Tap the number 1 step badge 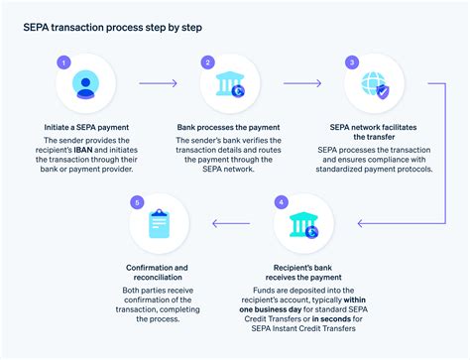coord(64,61)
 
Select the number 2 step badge coord(207,61)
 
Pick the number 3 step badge coord(352,61)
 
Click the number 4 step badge coord(282,201)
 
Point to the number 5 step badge coord(137,202)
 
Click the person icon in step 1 coord(85,87)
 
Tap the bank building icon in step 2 coord(229,87)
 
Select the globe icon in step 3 coord(374,87)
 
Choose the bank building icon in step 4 coord(302,227)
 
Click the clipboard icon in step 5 coord(159,227)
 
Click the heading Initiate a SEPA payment coord(86,127)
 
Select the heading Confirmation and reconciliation coord(159,273)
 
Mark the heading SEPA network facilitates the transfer coord(374,133)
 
